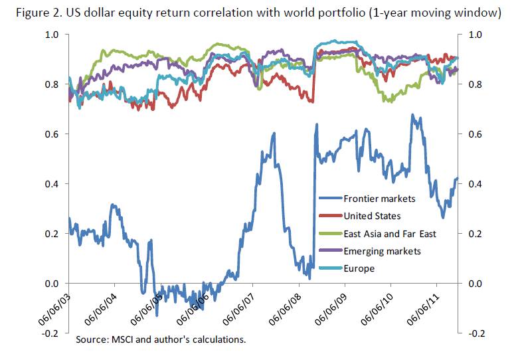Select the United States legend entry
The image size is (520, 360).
tap(372, 215)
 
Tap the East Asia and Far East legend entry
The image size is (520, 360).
tap(389, 233)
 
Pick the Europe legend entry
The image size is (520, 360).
tap(359, 268)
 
